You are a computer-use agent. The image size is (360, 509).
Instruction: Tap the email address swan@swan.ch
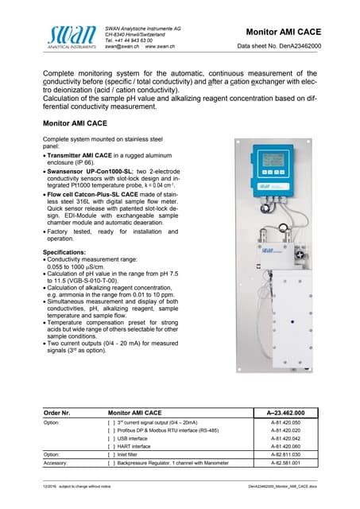click(x=122, y=48)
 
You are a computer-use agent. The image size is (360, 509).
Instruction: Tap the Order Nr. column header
click(x=56, y=413)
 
